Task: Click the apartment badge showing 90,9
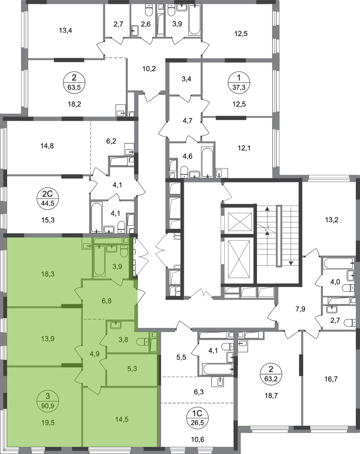[x=48, y=400]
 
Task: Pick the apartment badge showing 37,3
[x=238, y=82]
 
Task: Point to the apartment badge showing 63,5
[x=74, y=82]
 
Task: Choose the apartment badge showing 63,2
[x=271, y=374]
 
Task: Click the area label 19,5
[x=48, y=422]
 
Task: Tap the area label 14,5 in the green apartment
[x=122, y=419]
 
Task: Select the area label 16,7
[x=331, y=379]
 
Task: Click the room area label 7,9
[x=300, y=309]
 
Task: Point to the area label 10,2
[x=149, y=69]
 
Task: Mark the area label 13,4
[x=65, y=30]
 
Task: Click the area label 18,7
[x=271, y=396]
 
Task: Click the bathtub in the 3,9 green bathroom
[x=99, y=260]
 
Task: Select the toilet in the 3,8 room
[x=142, y=342]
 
